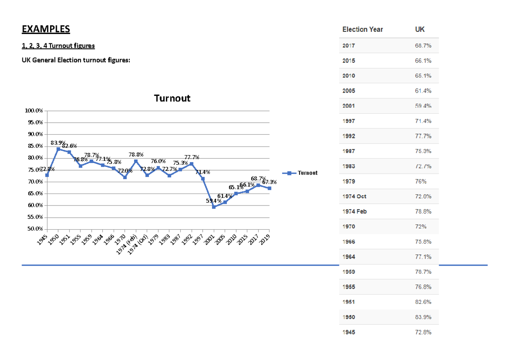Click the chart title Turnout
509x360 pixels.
172,98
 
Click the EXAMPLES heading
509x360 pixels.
46,29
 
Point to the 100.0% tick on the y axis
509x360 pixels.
34,111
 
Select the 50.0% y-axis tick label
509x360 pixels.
34,229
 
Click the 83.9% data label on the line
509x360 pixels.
58,143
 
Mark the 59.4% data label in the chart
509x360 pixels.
213,201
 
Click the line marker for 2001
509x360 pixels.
214,207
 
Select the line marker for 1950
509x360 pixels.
58,149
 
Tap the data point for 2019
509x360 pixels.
269,188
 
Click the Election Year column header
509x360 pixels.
362,29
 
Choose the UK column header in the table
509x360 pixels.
420,29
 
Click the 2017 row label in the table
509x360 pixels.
349,45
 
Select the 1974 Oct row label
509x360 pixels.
354,197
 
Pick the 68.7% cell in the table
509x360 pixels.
423,45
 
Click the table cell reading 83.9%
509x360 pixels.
423,317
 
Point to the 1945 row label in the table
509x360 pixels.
349,332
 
